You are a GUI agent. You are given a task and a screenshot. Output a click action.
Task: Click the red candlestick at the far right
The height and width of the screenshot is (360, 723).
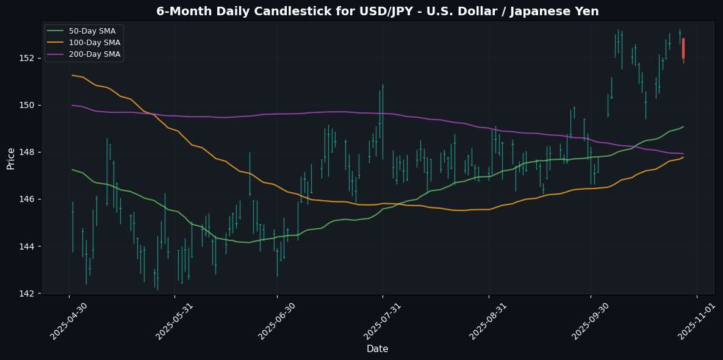683,48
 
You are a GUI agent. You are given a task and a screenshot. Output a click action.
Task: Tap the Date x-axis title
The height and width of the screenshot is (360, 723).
377,348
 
